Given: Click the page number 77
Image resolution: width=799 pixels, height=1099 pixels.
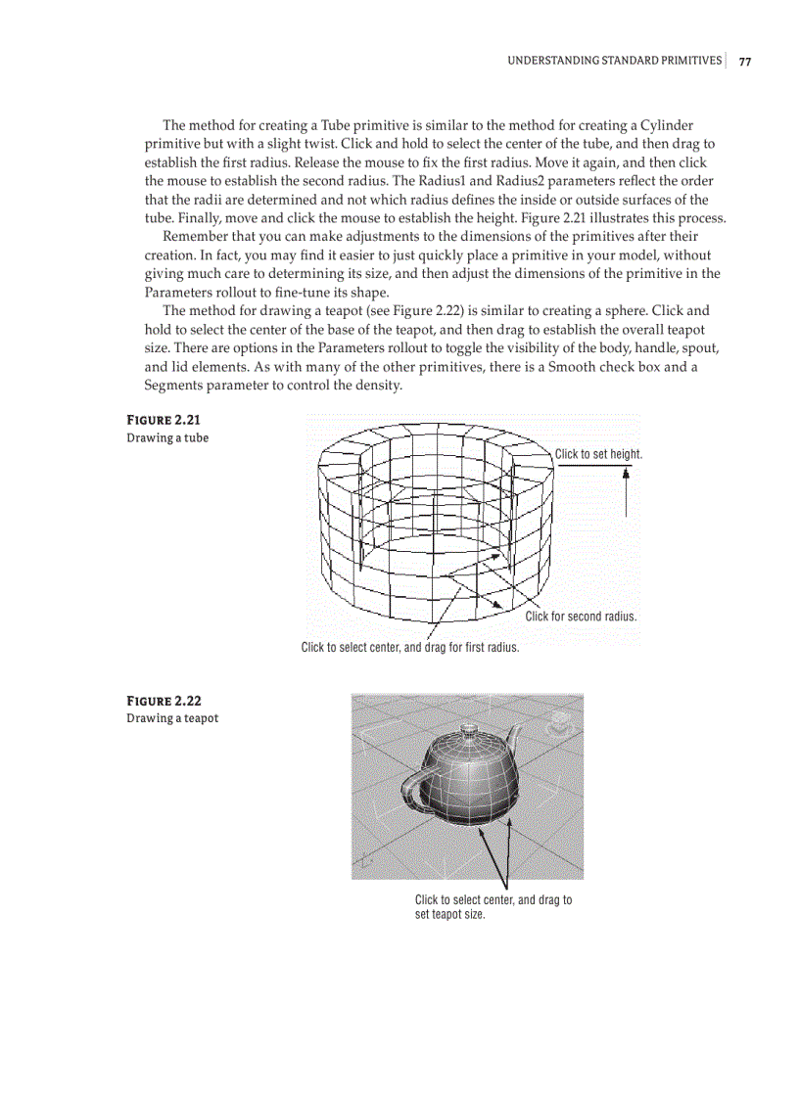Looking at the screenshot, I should pos(745,62).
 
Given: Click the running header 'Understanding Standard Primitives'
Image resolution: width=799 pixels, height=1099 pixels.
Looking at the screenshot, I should pos(614,62).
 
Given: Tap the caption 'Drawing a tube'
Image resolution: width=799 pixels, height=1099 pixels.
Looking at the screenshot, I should pos(167,437).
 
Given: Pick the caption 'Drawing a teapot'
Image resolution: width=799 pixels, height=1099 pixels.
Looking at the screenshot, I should pos(172,718).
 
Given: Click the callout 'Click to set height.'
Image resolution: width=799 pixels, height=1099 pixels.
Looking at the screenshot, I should pos(598,454).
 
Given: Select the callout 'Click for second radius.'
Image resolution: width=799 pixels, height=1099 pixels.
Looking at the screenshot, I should pos(581,617).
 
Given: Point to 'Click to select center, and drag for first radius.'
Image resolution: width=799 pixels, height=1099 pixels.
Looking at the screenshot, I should pos(409,647).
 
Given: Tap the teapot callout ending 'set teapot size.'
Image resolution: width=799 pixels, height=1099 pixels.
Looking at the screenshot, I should pos(493,907).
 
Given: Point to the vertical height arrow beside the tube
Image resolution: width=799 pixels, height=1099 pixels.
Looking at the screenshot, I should pos(626,489).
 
